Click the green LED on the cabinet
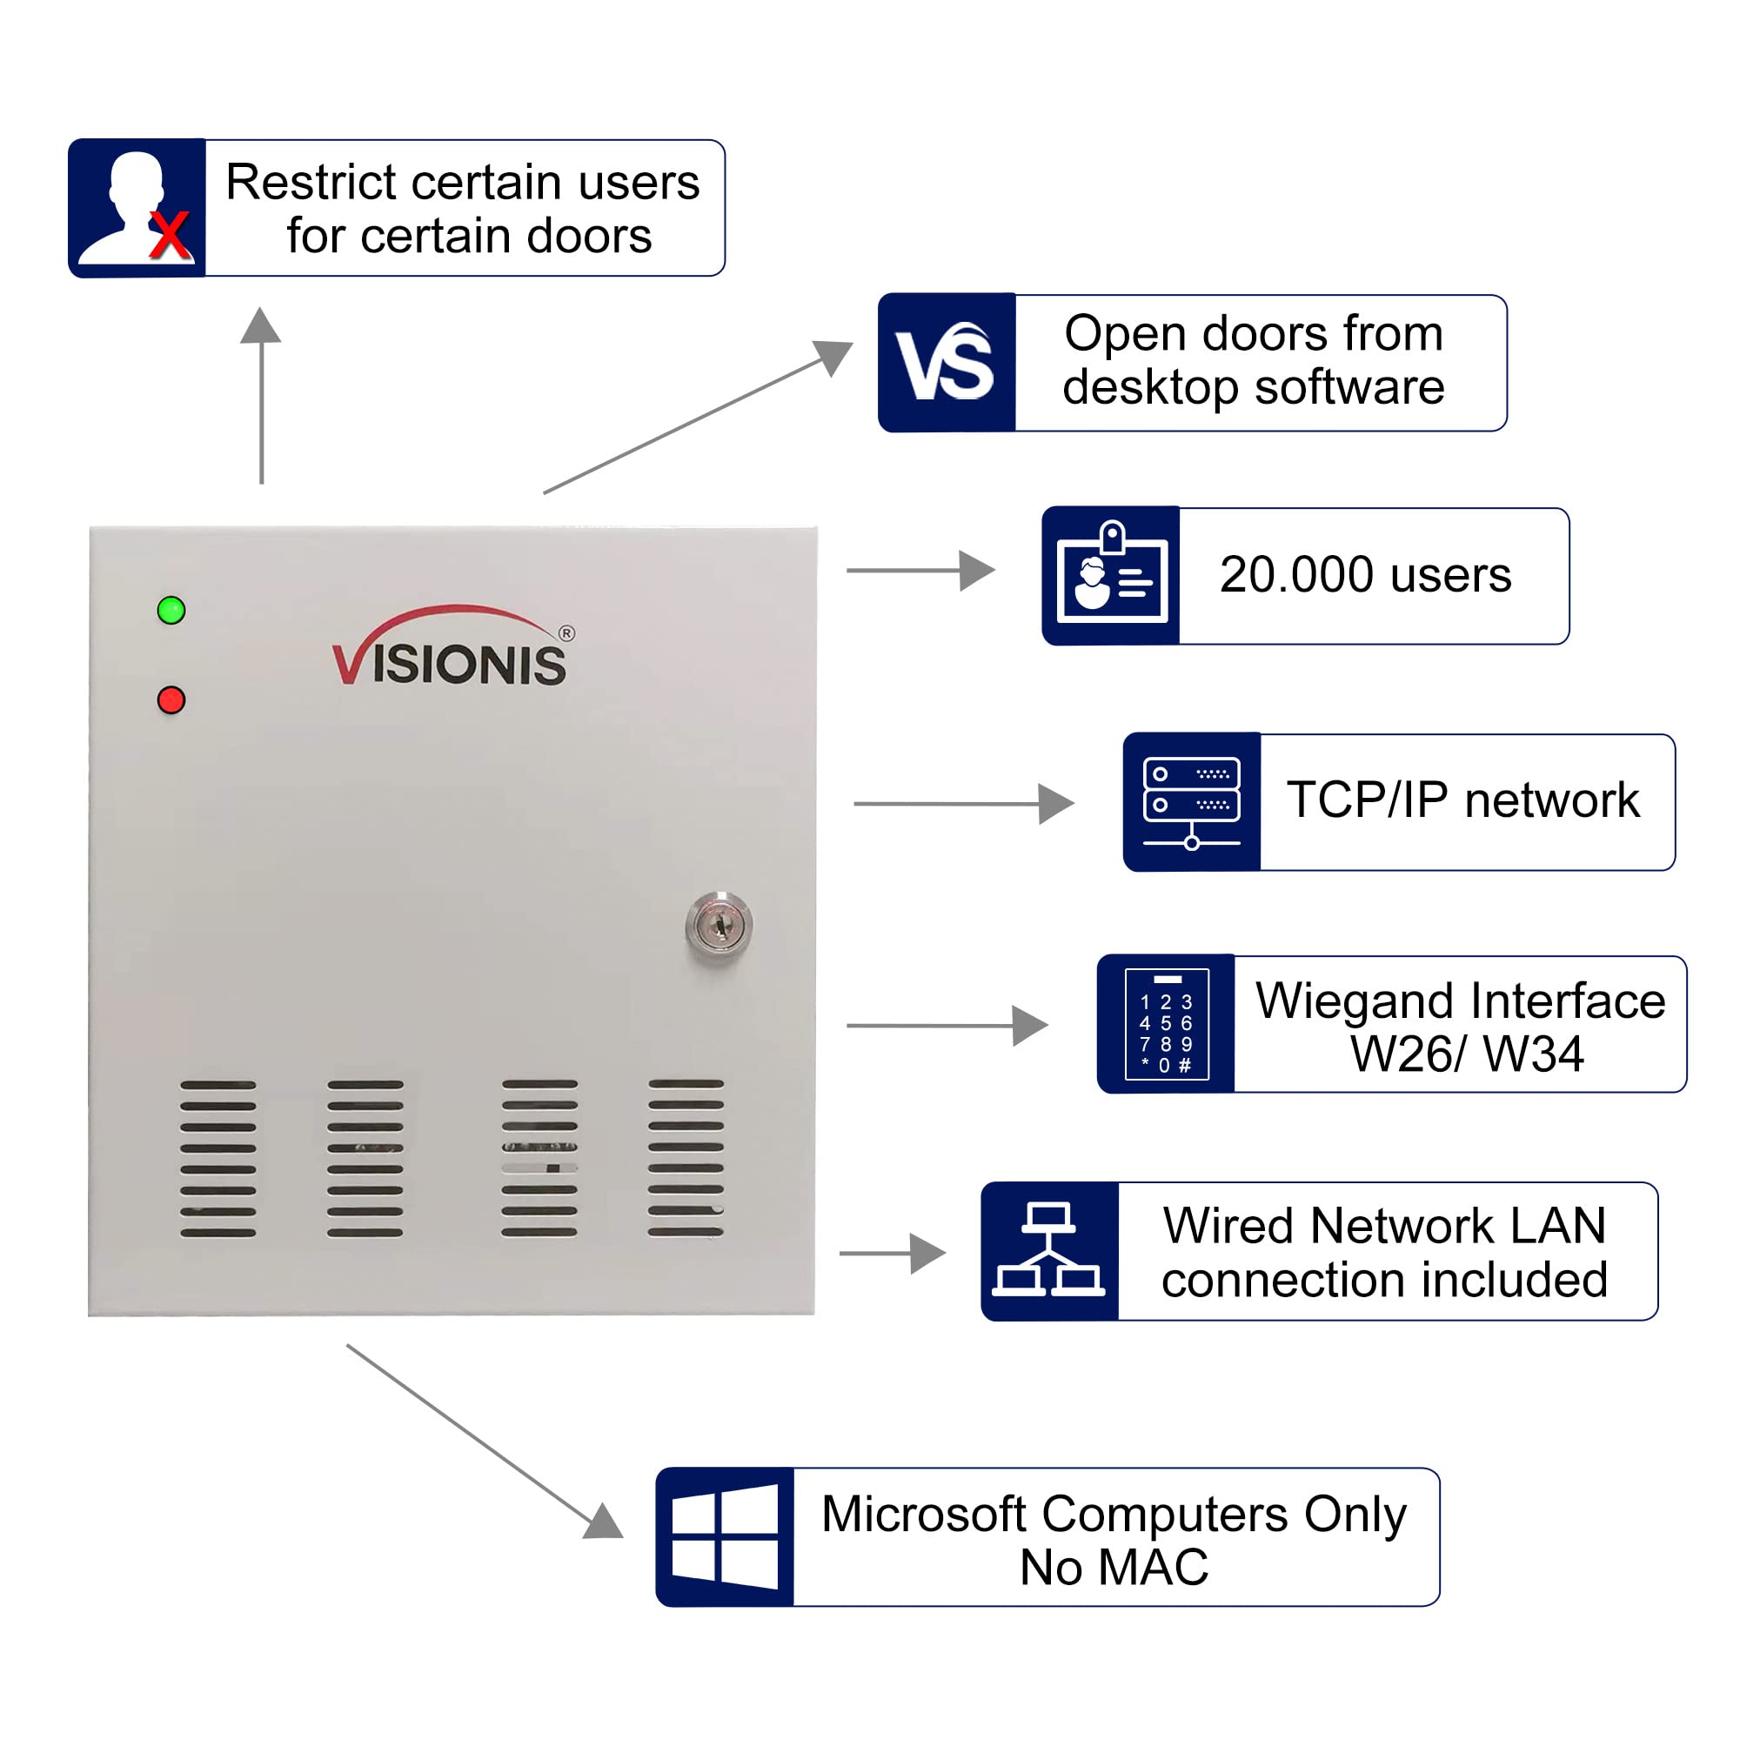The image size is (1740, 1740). point(171,611)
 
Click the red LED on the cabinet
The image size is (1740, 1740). point(171,699)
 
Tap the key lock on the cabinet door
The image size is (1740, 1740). point(719,925)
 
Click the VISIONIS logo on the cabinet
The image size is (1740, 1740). point(453,646)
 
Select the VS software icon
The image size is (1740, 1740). point(947,362)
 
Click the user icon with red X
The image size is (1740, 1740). point(137,208)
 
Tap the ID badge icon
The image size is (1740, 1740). point(1111,575)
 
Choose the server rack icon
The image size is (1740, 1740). point(1192,801)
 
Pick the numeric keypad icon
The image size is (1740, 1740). point(1167,1024)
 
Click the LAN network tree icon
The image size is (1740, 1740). point(1049,1251)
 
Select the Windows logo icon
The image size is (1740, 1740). point(725,1537)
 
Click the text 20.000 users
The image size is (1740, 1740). point(1365,574)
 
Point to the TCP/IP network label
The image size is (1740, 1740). point(1463,800)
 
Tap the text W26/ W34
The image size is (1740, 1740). point(1466,1054)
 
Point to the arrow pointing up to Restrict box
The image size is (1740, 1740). point(261,395)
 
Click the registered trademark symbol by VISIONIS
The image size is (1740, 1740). point(566,633)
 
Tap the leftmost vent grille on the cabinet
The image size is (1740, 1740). point(218,1159)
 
